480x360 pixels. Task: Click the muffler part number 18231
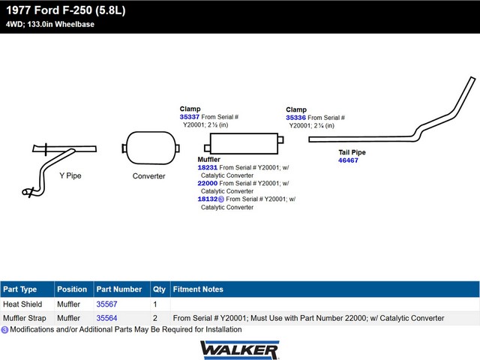(207, 167)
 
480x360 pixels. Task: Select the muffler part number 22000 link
(207, 183)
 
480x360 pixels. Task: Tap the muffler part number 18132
(207, 199)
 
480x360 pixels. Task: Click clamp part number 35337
(190, 117)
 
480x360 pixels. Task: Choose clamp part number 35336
(295, 118)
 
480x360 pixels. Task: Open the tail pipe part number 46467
(348, 160)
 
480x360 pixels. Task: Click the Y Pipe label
(70, 175)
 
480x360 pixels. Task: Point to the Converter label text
(148, 176)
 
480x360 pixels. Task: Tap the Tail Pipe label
(352, 152)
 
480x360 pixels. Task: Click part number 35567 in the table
(106, 304)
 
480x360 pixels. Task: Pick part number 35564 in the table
(106, 318)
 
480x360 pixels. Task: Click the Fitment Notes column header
(198, 289)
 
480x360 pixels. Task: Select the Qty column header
(159, 289)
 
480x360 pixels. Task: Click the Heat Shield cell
(22, 304)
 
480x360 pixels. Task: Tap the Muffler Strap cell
(25, 318)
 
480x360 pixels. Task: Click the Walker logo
(240, 350)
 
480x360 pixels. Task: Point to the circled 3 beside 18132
(221, 199)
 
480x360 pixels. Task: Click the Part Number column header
(119, 289)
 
